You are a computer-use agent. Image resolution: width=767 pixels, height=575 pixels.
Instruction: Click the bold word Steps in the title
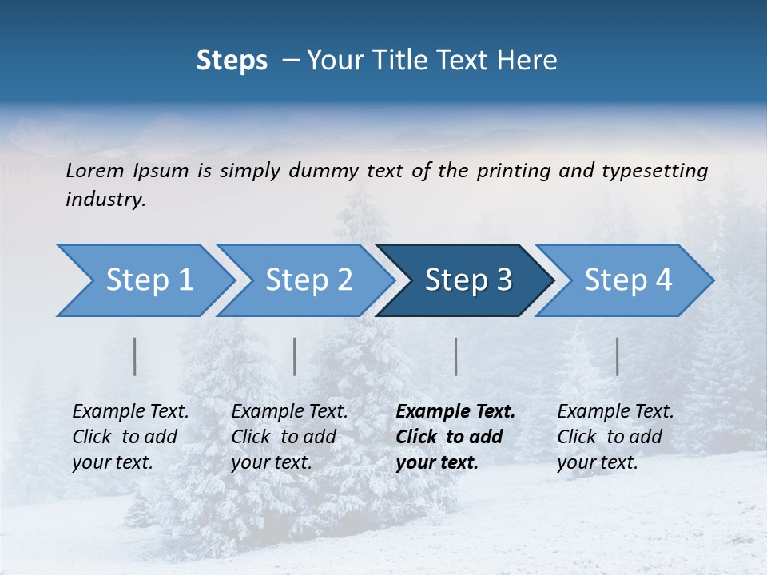tap(232, 61)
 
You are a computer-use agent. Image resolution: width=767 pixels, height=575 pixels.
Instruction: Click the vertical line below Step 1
tap(135, 356)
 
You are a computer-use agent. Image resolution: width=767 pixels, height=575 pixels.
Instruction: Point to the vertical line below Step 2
tap(295, 356)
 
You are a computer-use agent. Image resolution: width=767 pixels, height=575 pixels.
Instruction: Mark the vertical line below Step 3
tap(456, 356)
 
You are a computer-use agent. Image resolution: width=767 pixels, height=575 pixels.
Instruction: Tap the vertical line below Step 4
tap(618, 356)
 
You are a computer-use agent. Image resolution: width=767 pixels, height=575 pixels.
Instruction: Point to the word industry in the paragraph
tap(105, 200)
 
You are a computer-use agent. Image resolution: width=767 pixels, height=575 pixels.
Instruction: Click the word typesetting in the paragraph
tap(655, 171)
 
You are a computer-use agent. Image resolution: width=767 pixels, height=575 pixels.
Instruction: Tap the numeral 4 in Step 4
tap(663, 280)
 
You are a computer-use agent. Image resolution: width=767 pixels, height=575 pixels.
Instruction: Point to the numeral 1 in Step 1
tap(185, 280)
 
